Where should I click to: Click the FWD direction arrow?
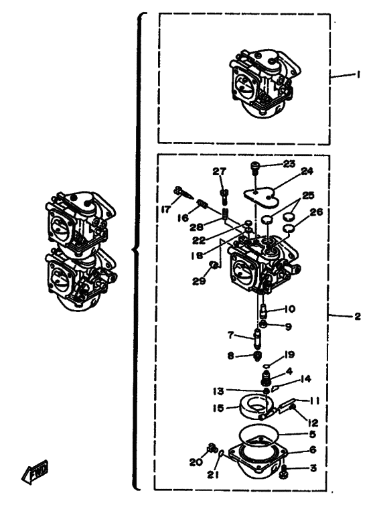pyautogui.click(x=34, y=472)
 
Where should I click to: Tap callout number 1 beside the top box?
pyautogui.click(x=358, y=74)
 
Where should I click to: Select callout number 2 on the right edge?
pyautogui.click(x=358, y=317)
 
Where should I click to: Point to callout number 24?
pyautogui.click(x=307, y=171)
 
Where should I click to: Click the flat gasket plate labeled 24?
pyautogui.click(x=260, y=197)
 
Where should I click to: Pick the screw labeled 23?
pyautogui.click(x=254, y=167)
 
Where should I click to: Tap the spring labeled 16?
pyautogui.click(x=202, y=204)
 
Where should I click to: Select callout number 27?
pyautogui.click(x=220, y=171)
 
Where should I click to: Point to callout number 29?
pyautogui.click(x=199, y=281)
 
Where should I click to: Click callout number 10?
pyautogui.click(x=290, y=309)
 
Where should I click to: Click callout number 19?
pyautogui.click(x=289, y=354)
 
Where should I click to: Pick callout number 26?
pyautogui.click(x=316, y=212)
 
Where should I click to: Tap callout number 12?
pyautogui.click(x=313, y=422)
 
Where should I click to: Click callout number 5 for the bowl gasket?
pyautogui.click(x=312, y=434)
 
